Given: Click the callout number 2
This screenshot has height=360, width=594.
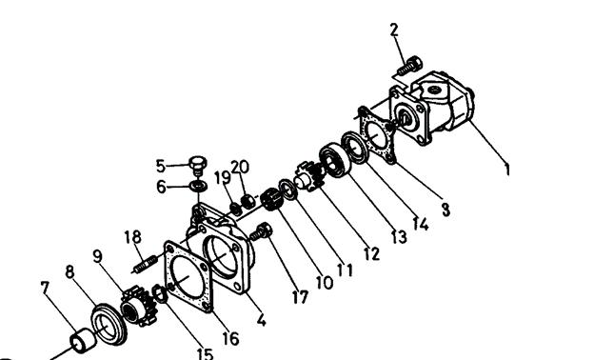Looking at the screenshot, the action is coord(394,30).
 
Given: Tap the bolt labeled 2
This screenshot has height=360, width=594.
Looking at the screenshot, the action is coord(410,66).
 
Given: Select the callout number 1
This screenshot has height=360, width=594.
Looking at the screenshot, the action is coord(506,169).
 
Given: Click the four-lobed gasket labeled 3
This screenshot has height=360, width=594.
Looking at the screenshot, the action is coord(375,135).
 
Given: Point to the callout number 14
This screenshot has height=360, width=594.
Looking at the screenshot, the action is coord(420,224).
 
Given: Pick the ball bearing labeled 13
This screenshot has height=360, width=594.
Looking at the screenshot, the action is coord(332,159).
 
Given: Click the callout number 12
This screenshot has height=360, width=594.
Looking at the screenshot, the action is coord(371,253).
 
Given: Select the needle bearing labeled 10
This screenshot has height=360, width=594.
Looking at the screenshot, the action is coord(271,199).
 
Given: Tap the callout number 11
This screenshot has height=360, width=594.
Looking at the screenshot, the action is coord(345,270).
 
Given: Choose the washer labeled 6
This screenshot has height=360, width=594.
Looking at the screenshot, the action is coord(198,186).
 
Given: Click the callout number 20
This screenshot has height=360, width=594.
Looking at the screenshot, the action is coord(240,167).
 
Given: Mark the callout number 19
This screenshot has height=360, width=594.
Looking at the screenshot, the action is coord(223,178).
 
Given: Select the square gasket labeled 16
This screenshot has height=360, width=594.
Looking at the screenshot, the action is coord(188,276).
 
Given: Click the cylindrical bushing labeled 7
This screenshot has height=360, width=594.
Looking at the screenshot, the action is coord(83,340).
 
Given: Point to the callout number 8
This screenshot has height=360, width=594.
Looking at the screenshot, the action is coord(69,271).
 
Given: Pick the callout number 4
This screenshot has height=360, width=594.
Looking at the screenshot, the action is coord(261,320).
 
